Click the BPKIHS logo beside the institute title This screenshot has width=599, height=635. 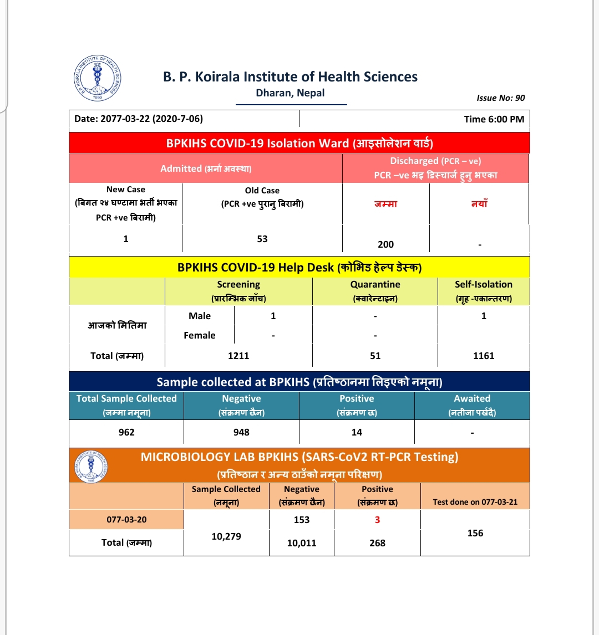[x=97, y=78]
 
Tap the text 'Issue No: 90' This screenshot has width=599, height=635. [x=500, y=98]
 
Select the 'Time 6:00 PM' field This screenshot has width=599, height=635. [x=494, y=119]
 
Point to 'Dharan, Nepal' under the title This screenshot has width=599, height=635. [x=290, y=93]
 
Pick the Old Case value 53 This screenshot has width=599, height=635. [x=262, y=239]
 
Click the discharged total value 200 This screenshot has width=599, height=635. [x=385, y=244]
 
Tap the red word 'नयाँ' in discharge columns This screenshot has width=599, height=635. [x=480, y=204]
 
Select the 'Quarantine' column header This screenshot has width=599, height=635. [x=375, y=285]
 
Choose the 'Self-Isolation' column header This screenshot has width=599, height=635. [x=483, y=285]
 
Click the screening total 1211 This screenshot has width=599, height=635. [x=238, y=356]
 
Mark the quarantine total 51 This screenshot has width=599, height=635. [x=375, y=356]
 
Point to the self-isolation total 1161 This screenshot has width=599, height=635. [x=484, y=356]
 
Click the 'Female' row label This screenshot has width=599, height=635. [x=200, y=335]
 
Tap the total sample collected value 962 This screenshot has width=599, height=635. [x=126, y=432]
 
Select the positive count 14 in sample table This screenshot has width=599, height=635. [x=357, y=432]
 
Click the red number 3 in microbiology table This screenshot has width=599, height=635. [x=377, y=520]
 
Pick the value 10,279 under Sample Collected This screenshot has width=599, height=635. [x=226, y=536]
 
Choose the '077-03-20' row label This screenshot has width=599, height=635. [x=126, y=520]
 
